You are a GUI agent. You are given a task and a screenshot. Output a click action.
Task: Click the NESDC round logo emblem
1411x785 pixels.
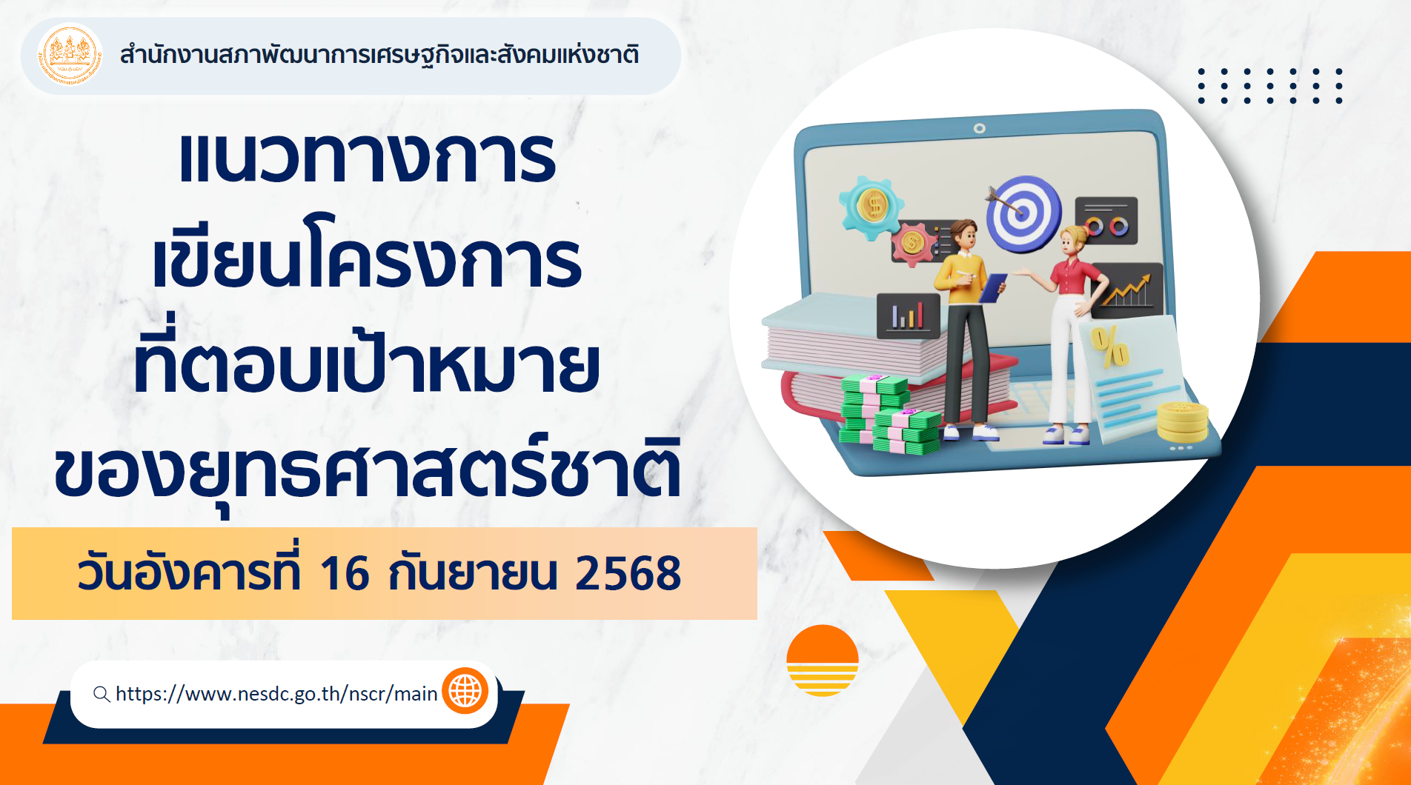(70, 56)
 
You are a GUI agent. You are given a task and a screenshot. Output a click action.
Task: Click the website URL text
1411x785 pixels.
(276, 694)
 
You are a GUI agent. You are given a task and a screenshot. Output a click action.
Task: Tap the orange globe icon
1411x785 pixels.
(465, 691)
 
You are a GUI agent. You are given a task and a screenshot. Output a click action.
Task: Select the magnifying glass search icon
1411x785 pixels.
(102, 694)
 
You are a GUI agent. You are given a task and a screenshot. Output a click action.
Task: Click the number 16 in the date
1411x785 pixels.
(345, 573)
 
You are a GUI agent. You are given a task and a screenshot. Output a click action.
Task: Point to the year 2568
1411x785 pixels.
(628, 573)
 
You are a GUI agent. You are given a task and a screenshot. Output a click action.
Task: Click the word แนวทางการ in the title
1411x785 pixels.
(367, 157)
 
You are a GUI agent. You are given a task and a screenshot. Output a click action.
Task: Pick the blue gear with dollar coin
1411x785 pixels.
(871, 207)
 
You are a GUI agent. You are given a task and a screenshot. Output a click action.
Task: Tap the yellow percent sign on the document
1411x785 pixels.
(1109, 346)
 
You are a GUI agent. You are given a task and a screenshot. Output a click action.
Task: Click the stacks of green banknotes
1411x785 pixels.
(889, 415)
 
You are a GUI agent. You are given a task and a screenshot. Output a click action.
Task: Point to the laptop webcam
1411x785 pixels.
(980, 128)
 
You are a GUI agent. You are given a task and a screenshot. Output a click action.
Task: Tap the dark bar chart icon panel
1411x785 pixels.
(909, 315)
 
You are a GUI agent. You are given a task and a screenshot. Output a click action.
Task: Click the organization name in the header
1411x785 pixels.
(379, 55)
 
